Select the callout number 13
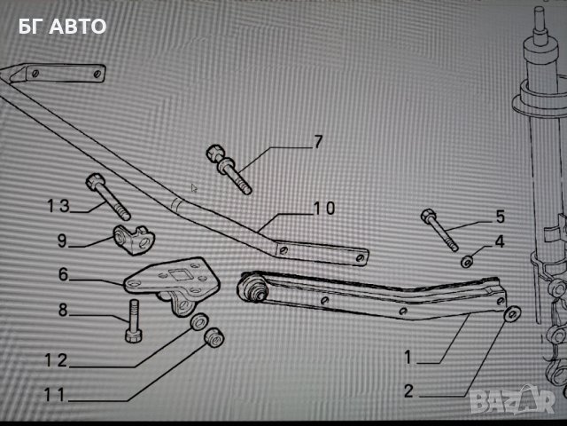[58, 207]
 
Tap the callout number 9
[62, 240]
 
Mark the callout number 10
[323, 208]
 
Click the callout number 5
[499, 216]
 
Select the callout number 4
[499, 240]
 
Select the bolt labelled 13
[108, 198]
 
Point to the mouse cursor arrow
[195, 187]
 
